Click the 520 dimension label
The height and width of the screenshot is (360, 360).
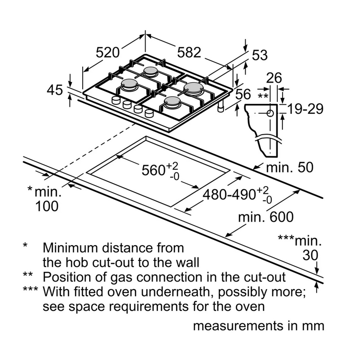point(108,52)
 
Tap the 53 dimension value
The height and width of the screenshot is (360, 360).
point(259,55)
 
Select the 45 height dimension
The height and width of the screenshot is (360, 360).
point(55,90)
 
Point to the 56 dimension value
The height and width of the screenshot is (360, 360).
point(243,94)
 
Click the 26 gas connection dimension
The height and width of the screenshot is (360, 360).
point(274,78)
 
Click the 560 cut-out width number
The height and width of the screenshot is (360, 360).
point(153,170)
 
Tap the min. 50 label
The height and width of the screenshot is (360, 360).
point(289,168)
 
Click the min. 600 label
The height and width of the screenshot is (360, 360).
point(266,217)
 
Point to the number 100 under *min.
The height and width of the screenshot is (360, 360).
point(47,206)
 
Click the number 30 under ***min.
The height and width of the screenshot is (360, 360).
point(310,256)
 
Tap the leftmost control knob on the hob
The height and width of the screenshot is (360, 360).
point(116,101)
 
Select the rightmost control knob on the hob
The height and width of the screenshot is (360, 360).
point(150,113)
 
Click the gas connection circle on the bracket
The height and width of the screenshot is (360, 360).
point(270,113)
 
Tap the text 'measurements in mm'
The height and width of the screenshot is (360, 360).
point(258,326)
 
